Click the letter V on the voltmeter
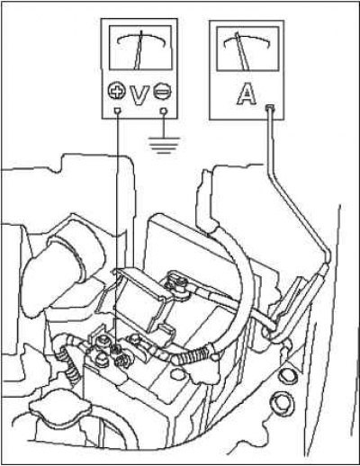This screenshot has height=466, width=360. point(139,94)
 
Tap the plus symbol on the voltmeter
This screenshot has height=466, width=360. point(116,90)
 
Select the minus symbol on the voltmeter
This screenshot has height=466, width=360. point(163,91)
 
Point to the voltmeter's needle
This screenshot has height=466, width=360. point(139,50)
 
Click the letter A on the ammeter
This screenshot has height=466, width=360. point(247,94)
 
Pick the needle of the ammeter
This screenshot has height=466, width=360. point(243,51)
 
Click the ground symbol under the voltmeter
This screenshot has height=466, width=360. point(164,146)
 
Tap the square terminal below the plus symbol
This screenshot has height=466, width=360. point(118,112)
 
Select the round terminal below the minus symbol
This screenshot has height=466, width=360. point(164,112)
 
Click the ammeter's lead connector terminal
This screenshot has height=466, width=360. point(270,107)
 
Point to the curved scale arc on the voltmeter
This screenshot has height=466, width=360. point(141,40)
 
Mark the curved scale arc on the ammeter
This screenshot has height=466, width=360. point(247,40)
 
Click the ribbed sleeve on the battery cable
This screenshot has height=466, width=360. point(192,355)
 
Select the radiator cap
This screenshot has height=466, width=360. point(60,408)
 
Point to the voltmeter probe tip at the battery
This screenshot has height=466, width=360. point(118,348)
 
